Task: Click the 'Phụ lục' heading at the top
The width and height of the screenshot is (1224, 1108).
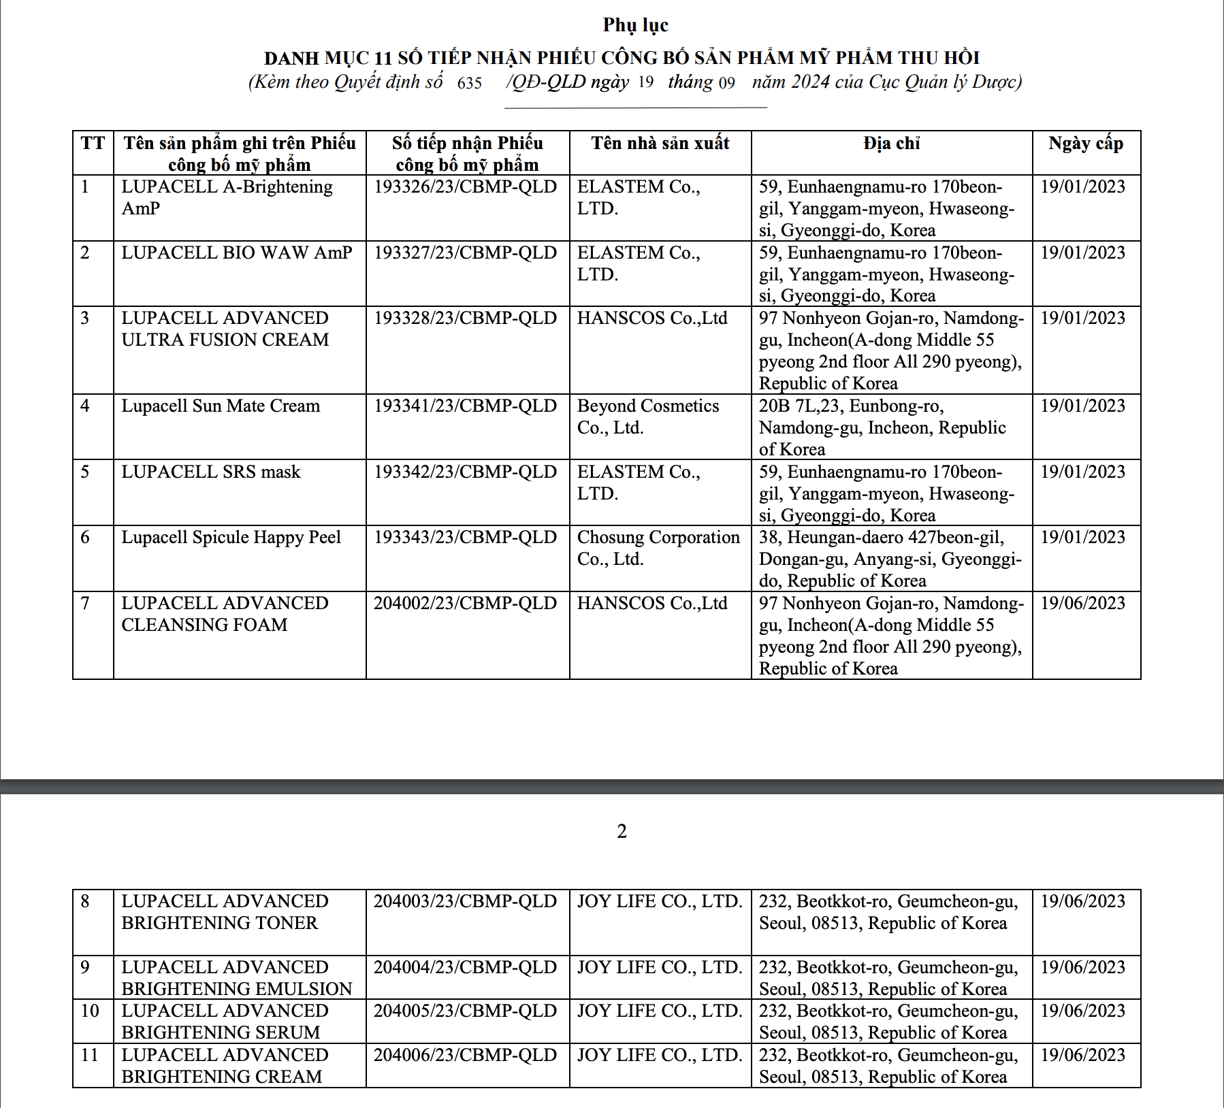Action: coord(635,25)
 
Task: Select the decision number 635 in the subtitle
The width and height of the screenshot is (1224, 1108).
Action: coord(469,83)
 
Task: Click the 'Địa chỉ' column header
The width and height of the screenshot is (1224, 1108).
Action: coord(891,144)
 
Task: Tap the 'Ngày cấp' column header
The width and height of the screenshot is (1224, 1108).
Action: coord(1085,144)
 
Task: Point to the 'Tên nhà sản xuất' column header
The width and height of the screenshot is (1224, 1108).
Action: coord(660,144)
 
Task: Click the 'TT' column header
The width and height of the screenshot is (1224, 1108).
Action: coord(93,144)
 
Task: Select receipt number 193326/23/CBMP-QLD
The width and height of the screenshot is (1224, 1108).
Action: coord(465,187)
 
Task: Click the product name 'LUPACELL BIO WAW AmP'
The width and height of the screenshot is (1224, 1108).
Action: coord(237,253)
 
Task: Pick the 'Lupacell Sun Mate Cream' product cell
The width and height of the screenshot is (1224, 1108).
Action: coord(221,406)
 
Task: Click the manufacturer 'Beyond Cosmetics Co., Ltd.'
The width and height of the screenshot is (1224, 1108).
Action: coord(647,417)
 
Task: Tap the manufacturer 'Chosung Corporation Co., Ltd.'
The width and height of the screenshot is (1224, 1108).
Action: coord(658,548)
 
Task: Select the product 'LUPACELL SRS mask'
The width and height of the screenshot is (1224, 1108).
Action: coord(211,472)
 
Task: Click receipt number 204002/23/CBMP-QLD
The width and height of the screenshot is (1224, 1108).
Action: coord(465,604)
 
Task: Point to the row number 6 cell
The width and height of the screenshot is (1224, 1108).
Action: coord(85,538)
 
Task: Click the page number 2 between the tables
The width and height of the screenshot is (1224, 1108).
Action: coord(622,831)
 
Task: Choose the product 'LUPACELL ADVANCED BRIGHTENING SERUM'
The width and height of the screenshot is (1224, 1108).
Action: coord(225,1022)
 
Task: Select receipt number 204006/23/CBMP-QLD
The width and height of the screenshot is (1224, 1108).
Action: coord(465,1056)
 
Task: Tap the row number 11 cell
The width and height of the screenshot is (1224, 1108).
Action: coord(90,1056)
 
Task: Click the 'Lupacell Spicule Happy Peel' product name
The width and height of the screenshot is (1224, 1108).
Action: coord(231,538)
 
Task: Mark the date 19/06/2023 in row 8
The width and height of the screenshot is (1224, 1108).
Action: coord(1082,902)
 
